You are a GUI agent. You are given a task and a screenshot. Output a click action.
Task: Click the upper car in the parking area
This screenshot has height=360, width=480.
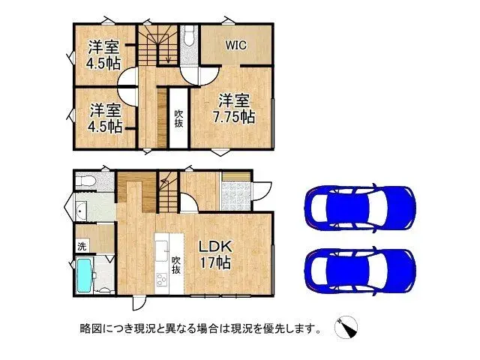pyautogui.click(x=359, y=203)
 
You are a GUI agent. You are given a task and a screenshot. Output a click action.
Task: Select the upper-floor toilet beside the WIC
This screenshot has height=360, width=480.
pyautogui.click(x=188, y=35)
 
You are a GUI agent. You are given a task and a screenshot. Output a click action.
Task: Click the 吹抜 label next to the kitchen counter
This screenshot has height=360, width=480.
pyautogui.click(x=177, y=265)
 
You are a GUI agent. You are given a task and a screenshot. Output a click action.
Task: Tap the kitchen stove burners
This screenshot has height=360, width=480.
pyautogui.click(x=162, y=280)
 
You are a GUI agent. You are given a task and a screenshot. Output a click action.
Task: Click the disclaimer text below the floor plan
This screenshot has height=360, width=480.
pyautogui.click(x=201, y=328)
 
